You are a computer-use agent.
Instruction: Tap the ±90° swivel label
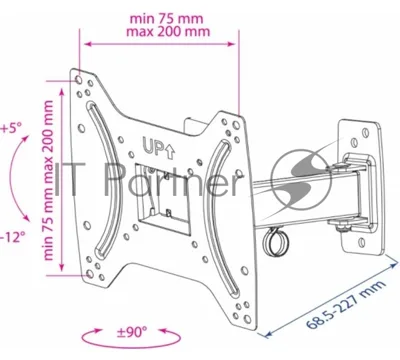click(x=132, y=332)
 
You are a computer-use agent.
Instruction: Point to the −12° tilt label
click(x=13, y=238)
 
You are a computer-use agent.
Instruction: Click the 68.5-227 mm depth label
click(x=346, y=304)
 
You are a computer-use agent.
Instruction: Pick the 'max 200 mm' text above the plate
click(x=168, y=32)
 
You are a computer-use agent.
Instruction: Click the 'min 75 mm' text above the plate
click(x=166, y=18)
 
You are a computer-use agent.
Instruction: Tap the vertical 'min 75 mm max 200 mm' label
click(x=49, y=180)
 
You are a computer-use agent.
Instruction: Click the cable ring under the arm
click(x=275, y=242)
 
